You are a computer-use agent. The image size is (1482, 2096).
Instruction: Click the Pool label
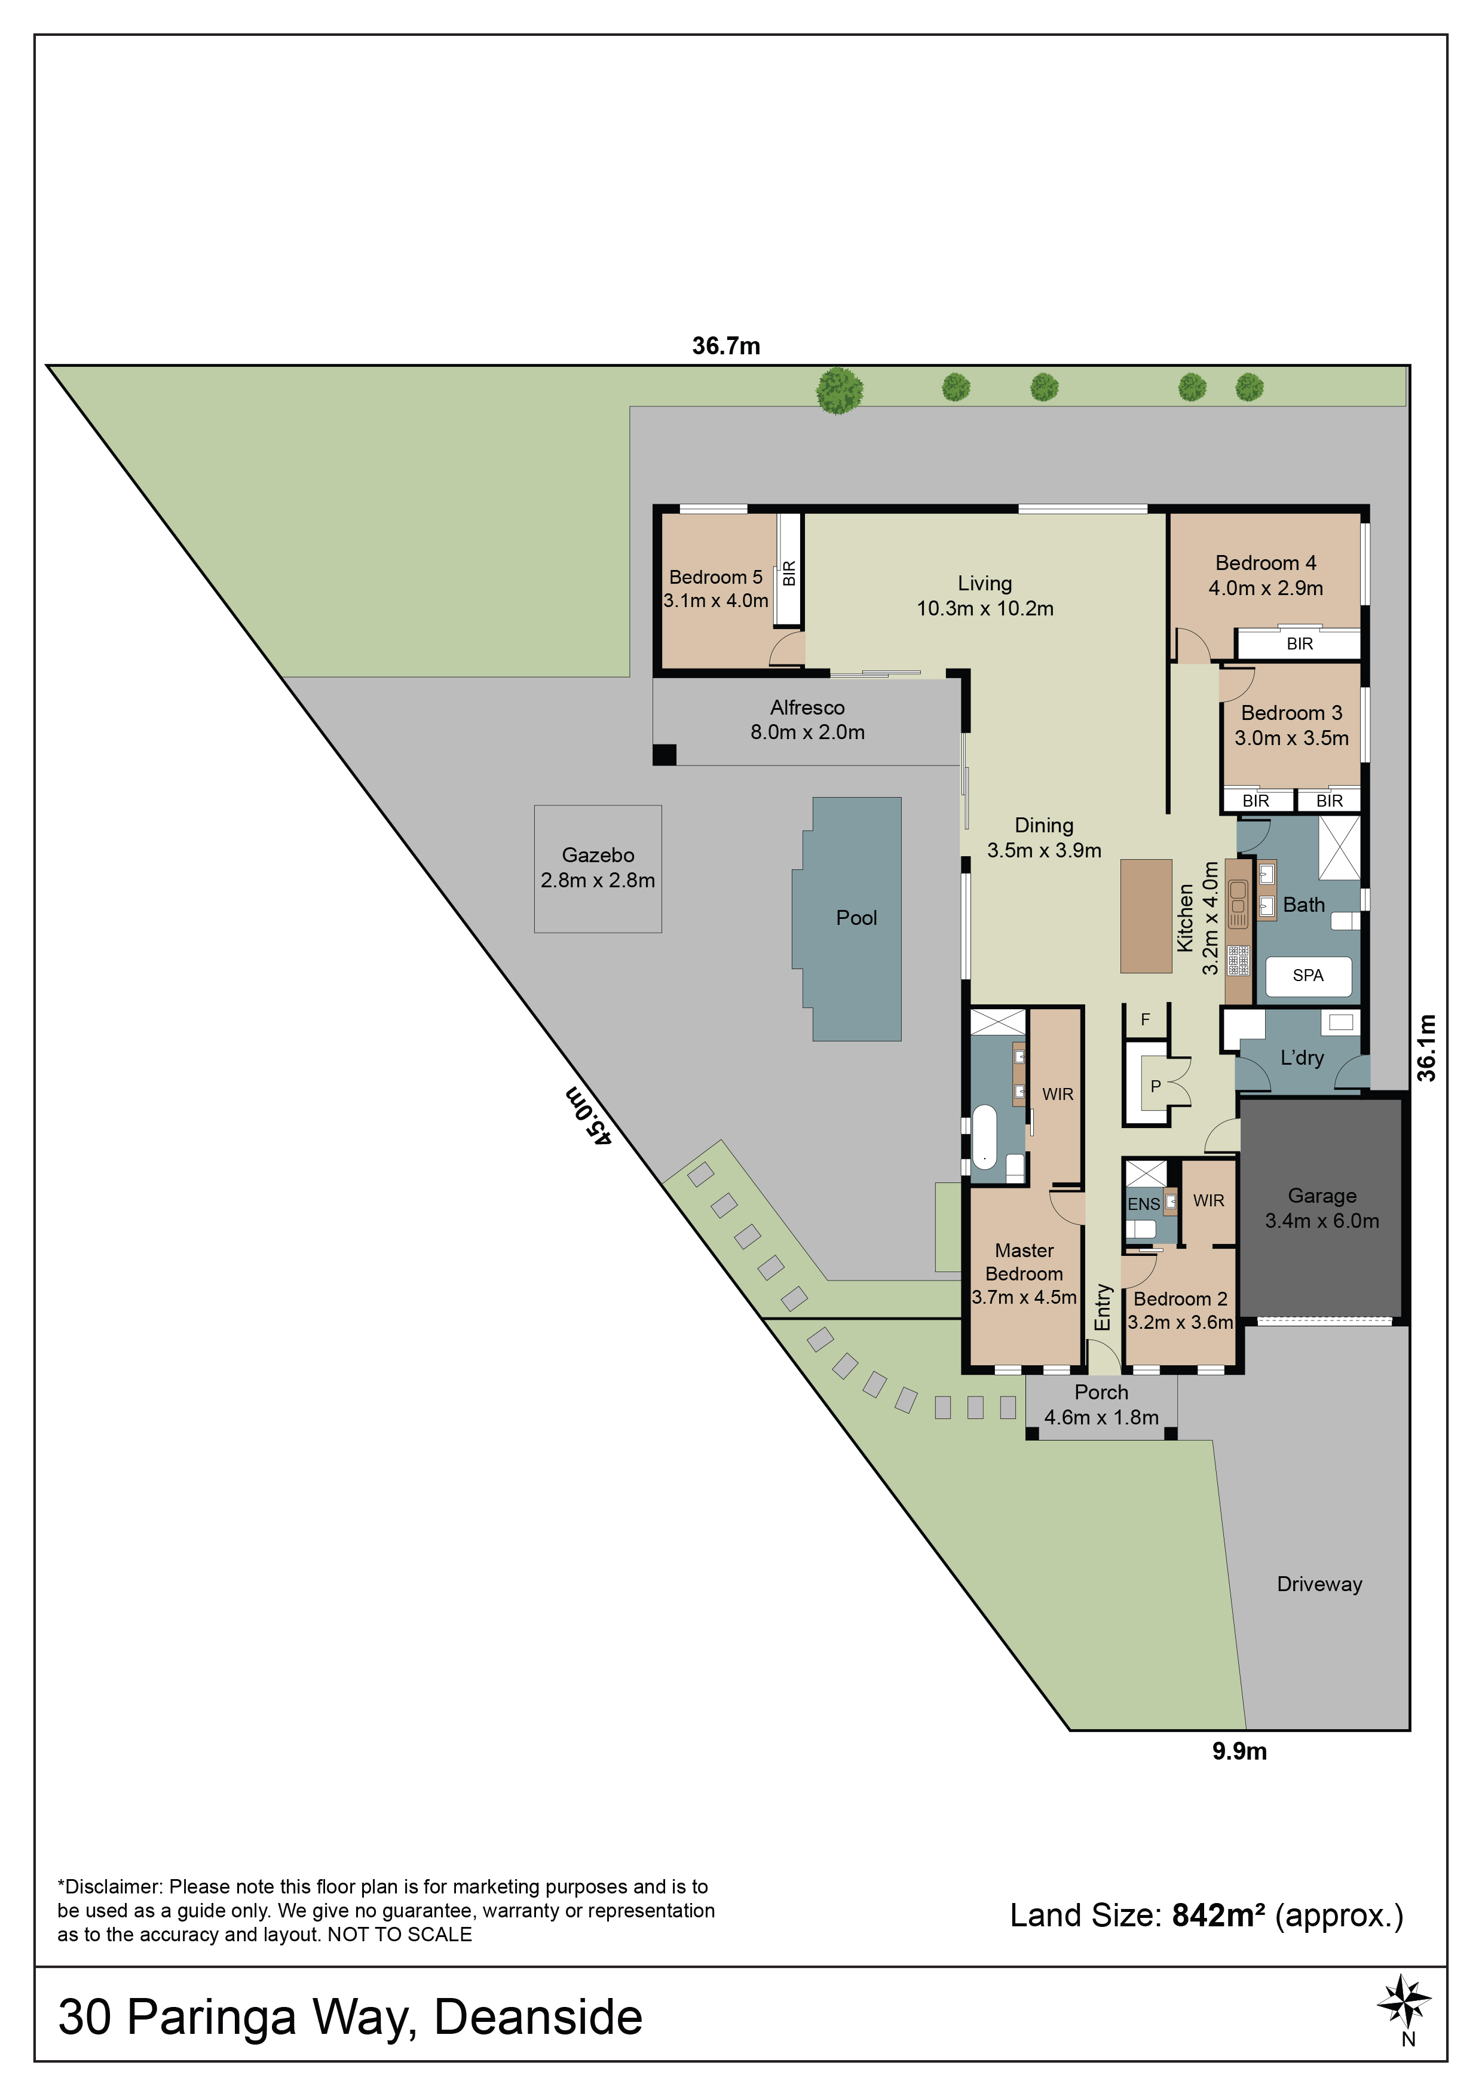click(x=856, y=918)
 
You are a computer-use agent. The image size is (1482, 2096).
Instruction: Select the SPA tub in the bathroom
click(x=1308, y=976)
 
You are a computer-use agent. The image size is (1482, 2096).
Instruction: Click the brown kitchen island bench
click(x=1146, y=915)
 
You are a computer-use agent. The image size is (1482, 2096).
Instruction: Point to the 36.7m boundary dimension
click(x=726, y=346)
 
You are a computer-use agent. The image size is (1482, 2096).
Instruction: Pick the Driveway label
click(x=1319, y=1584)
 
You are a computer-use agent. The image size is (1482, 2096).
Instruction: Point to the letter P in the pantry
click(x=1155, y=1086)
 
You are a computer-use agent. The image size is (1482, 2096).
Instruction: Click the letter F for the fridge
click(x=1145, y=1020)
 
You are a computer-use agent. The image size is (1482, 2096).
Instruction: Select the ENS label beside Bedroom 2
click(x=1143, y=1204)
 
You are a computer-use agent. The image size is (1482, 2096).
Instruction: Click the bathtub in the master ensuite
click(x=984, y=1136)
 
